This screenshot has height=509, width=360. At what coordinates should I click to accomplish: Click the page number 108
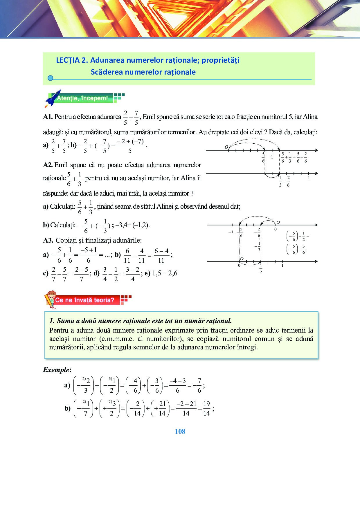coord(180,432)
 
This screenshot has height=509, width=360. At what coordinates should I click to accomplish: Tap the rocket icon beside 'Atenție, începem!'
coord(53,98)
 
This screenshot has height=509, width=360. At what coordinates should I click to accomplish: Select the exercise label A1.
coord(48,117)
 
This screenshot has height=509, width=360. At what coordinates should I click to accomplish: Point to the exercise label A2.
coord(48,165)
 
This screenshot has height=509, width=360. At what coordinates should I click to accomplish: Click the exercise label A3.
coord(48,240)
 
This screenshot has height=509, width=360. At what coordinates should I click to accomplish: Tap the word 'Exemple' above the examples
coord(56,370)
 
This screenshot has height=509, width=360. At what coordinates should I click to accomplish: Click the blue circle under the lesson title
coord(50,78)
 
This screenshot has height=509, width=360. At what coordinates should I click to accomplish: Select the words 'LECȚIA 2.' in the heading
coord(72,60)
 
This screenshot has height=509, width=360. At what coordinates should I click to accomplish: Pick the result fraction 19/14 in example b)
coord(206,408)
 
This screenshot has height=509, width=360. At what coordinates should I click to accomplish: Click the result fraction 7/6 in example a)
coord(199,385)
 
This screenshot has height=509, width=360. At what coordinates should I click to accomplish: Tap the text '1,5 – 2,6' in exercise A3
coord(165,273)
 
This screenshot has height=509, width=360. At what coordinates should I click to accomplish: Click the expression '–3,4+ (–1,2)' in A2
coord(132,225)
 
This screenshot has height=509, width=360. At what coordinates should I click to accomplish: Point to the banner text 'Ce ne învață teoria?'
coord(85,300)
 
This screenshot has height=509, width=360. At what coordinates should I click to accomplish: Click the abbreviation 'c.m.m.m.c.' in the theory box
coord(116,339)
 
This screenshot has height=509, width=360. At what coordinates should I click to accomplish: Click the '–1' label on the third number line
coord(231,232)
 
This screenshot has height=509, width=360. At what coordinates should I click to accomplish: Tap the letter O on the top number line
coord(226,147)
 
